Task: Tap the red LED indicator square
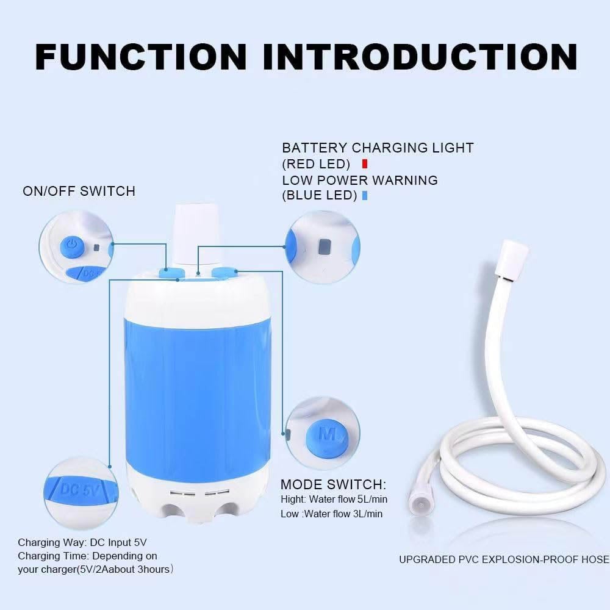pyautogui.click(x=365, y=163)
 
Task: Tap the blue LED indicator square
pyautogui.click(x=365, y=196)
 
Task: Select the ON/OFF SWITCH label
pyautogui.click(x=79, y=191)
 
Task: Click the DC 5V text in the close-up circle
pyautogui.click(x=79, y=488)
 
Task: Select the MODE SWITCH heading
pyautogui.click(x=333, y=485)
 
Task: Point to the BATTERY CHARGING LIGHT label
pyautogui.click(x=378, y=148)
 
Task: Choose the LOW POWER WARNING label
pyautogui.click(x=360, y=180)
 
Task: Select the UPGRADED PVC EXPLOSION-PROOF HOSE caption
pyautogui.click(x=504, y=559)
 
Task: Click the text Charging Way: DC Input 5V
pyautogui.click(x=82, y=542)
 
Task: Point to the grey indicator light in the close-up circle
pyautogui.click(x=325, y=246)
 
